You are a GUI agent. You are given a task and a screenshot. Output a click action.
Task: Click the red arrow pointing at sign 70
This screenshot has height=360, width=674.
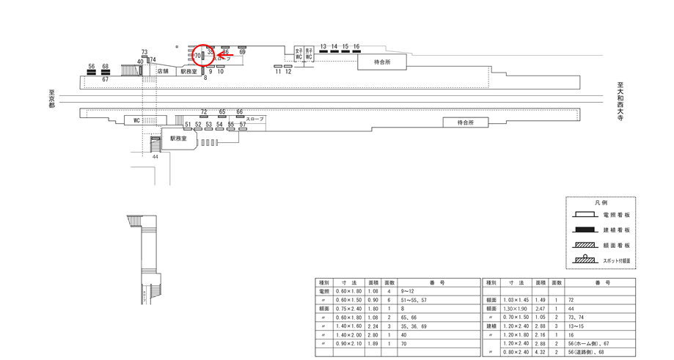click(225, 54)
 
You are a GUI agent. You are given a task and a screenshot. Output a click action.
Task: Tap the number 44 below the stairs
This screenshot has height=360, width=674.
click(155, 157)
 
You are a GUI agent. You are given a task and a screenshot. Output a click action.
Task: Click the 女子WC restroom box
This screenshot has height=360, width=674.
click(309, 54)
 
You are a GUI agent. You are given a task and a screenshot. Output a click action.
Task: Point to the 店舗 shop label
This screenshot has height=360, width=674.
click(163, 71)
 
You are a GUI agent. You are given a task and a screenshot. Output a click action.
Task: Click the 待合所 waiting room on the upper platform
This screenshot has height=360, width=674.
click(382, 62)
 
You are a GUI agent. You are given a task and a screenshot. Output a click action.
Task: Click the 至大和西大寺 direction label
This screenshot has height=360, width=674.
click(620, 100)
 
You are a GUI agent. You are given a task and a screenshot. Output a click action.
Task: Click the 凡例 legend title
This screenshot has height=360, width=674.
click(601, 202)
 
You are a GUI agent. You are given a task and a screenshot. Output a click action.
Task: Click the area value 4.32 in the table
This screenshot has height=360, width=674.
click(541, 353)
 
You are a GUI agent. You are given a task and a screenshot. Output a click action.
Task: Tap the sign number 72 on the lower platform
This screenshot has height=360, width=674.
click(204, 112)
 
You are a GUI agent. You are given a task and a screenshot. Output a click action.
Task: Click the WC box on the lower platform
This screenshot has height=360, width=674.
click(136, 120)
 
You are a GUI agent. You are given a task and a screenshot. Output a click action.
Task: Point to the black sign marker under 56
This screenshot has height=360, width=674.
click(92, 72)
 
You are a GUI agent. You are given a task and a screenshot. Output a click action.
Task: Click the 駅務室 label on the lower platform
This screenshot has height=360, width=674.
click(178, 138)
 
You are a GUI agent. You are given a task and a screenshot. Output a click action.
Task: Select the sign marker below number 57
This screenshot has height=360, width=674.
click(242, 130)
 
